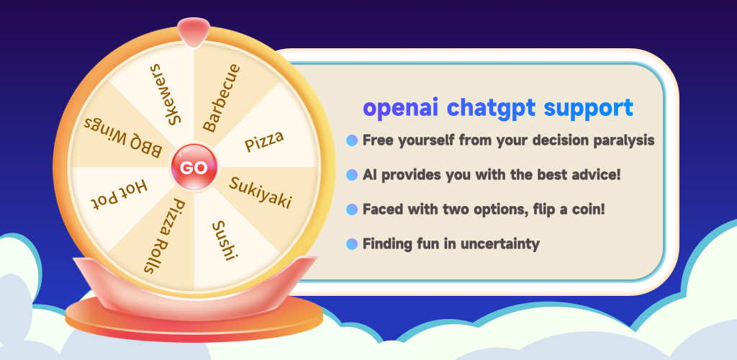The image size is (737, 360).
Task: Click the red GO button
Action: click(x=194, y=167)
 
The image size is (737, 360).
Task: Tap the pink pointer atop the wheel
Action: click(x=194, y=32)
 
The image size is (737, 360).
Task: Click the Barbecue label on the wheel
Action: click(x=222, y=98)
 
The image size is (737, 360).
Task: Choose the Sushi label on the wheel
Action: click(x=224, y=240)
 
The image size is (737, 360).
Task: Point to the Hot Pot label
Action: click(x=119, y=194)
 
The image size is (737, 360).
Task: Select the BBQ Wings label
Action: click(x=123, y=137)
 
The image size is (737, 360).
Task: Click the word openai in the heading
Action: click(x=401, y=108)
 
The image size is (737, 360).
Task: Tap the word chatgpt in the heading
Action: click(x=491, y=108)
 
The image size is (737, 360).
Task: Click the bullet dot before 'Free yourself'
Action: click(x=352, y=140)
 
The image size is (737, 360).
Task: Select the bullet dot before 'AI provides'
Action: click(x=352, y=175)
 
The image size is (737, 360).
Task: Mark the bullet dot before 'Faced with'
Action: click(x=352, y=210)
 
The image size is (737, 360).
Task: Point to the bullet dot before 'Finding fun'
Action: click(x=352, y=244)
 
